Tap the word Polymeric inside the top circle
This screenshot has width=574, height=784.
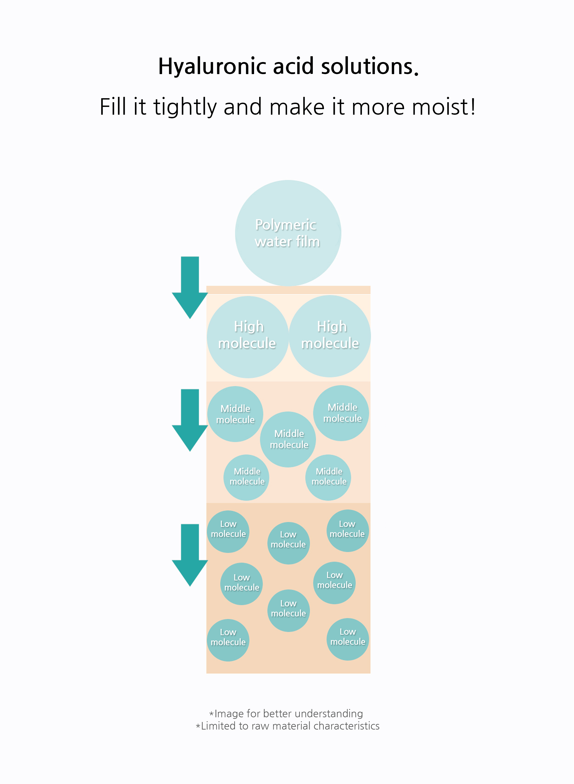(286, 225)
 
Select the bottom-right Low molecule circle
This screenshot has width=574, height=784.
(347, 639)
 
